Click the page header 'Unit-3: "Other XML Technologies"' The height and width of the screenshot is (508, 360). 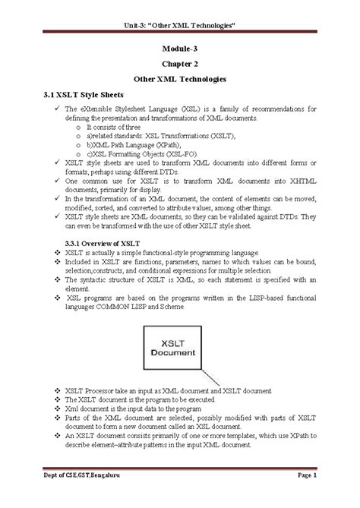pos(179,27)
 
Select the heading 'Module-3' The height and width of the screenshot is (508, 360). pos(179,48)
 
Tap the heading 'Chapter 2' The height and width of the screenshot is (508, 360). pos(179,64)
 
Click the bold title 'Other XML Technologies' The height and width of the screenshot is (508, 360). pos(179,79)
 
